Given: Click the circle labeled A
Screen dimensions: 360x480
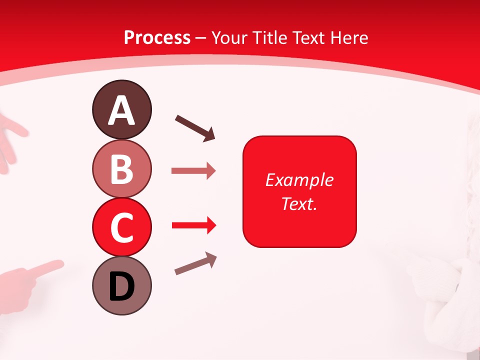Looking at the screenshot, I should [121, 109].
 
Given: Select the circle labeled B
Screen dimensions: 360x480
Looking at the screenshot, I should [121, 168].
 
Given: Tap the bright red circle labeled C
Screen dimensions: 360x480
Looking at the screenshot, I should [121, 227].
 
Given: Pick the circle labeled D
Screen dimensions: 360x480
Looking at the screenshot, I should [121, 286].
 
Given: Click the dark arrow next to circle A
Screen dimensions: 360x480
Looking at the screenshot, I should [195, 128].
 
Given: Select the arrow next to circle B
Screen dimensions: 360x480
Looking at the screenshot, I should [193, 171].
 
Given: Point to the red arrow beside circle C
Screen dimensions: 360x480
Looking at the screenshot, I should [193, 226].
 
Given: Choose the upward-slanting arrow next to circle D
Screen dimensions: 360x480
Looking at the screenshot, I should [195, 263].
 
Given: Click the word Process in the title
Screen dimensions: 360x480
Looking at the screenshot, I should [157, 37].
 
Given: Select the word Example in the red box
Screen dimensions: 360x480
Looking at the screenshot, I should [299, 180].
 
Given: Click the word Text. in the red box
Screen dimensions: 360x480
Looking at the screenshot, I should [299, 203].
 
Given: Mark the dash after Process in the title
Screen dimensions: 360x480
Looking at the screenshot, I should [201, 38].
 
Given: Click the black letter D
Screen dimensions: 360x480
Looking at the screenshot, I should [121, 287].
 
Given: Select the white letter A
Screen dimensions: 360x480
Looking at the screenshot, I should [121, 110].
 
